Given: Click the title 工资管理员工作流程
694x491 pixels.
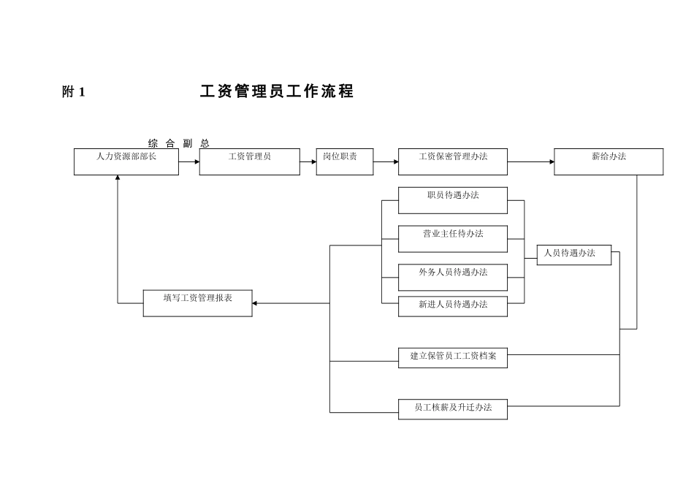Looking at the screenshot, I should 277,92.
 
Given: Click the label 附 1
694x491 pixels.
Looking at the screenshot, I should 74,92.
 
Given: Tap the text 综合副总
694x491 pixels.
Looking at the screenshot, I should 178,143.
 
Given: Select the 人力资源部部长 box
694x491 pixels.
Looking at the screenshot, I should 126,161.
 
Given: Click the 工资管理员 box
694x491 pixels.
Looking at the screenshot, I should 249,161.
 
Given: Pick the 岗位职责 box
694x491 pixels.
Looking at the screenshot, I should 344,161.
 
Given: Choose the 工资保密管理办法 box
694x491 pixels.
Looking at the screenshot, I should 452,161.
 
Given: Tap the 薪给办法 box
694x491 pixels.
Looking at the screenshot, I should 609,161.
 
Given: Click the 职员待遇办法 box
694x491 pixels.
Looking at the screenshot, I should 452,200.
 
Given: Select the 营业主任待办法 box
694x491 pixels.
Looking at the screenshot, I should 452,239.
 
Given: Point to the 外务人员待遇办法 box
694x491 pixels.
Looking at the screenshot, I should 452,277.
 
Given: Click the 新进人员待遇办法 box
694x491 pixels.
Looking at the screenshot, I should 452,306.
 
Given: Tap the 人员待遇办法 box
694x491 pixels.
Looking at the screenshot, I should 573,254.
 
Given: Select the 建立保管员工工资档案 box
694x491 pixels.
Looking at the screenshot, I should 452,357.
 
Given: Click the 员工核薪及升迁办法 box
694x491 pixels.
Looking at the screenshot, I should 452,408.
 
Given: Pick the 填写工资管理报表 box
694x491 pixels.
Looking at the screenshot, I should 197,302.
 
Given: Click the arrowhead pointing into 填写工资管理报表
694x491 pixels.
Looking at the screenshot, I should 255,302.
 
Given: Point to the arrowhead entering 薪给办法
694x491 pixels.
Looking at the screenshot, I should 551,161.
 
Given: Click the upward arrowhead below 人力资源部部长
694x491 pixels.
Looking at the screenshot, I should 118,178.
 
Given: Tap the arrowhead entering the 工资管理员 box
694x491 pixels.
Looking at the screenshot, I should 197,161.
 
